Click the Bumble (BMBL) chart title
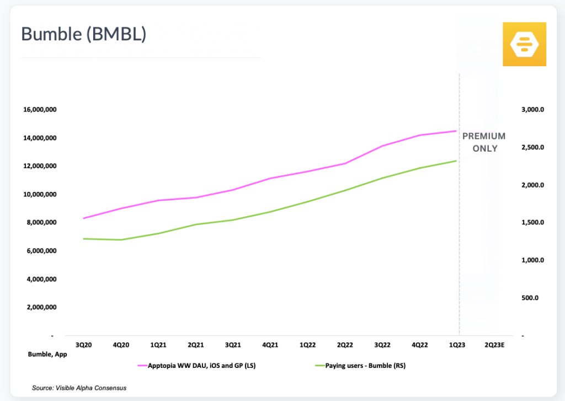83,34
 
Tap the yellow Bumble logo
524,44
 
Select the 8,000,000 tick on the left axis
42,222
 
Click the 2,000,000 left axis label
42,307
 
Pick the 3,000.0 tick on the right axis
532,109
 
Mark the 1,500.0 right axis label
532,222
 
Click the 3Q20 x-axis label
83,345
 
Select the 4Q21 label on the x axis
270,345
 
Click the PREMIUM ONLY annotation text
484,142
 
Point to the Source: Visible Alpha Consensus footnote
79,388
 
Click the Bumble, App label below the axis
47,355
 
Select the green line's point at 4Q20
121,240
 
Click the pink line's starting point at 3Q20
83,218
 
